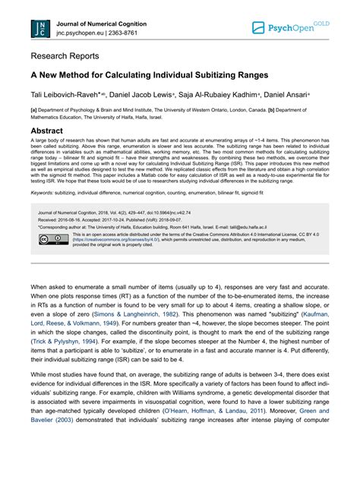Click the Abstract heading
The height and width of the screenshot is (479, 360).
click(51, 130)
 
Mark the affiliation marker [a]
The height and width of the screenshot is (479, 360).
click(34, 109)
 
